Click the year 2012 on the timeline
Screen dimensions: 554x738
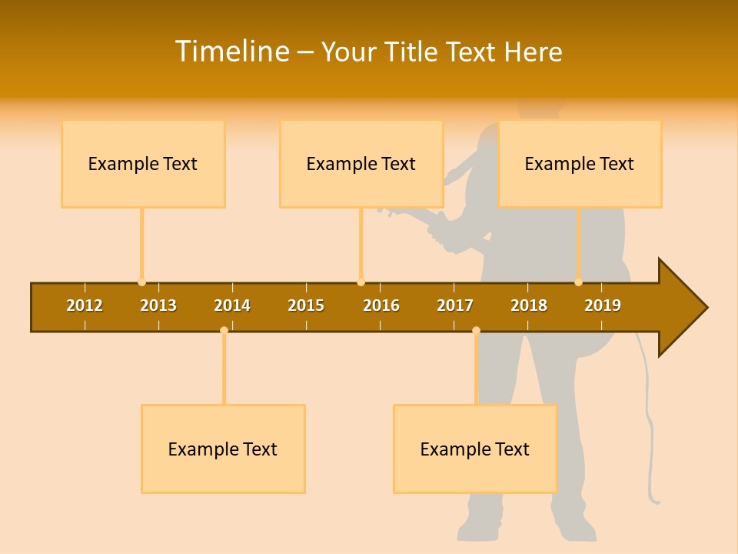pos(85,305)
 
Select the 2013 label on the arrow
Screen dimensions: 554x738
pos(158,305)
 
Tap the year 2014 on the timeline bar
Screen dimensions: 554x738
pos(232,305)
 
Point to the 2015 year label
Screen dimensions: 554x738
pos(306,305)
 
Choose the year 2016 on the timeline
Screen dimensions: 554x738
pos(381,305)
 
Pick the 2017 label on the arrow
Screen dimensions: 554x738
pos(455,305)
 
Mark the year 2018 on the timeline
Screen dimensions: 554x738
pos(529,305)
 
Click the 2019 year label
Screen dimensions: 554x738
pos(603,305)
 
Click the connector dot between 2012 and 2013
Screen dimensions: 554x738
pos(141,282)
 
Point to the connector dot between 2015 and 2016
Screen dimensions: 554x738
pos(361,282)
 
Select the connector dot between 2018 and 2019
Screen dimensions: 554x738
pos(578,282)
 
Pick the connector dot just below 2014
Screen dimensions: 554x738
pos(224,330)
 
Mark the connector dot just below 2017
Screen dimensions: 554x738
pos(476,330)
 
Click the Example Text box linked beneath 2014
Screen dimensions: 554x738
pos(223,449)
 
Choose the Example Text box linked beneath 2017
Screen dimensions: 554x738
pos(475,449)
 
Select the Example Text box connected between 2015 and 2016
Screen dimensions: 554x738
pos(361,163)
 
